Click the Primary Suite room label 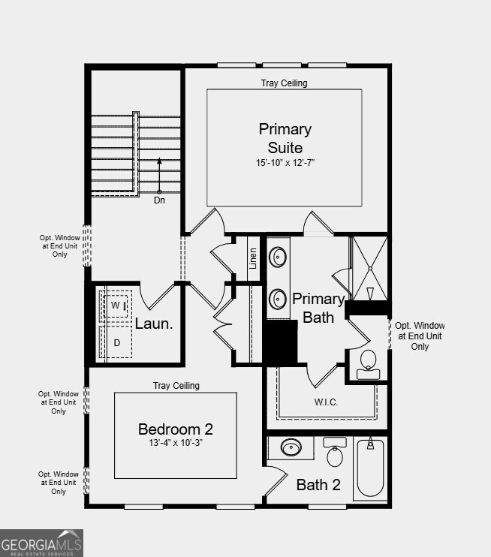(x=285, y=138)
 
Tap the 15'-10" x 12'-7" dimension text (x=285, y=162)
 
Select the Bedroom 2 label (x=176, y=429)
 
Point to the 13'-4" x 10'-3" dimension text (x=176, y=444)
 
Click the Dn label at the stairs (x=159, y=200)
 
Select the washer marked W (x=116, y=306)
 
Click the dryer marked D (x=116, y=343)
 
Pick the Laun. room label (x=154, y=324)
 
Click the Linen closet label (x=253, y=257)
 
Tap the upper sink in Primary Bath (x=279, y=257)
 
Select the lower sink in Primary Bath (x=279, y=300)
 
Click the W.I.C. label (x=326, y=402)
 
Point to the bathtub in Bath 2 (x=369, y=468)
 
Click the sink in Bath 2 (x=291, y=449)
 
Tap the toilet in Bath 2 (x=335, y=453)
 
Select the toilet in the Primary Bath (x=368, y=361)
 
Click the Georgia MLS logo (x=41, y=543)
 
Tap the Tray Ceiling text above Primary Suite (x=284, y=83)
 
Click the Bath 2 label (x=318, y=485)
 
